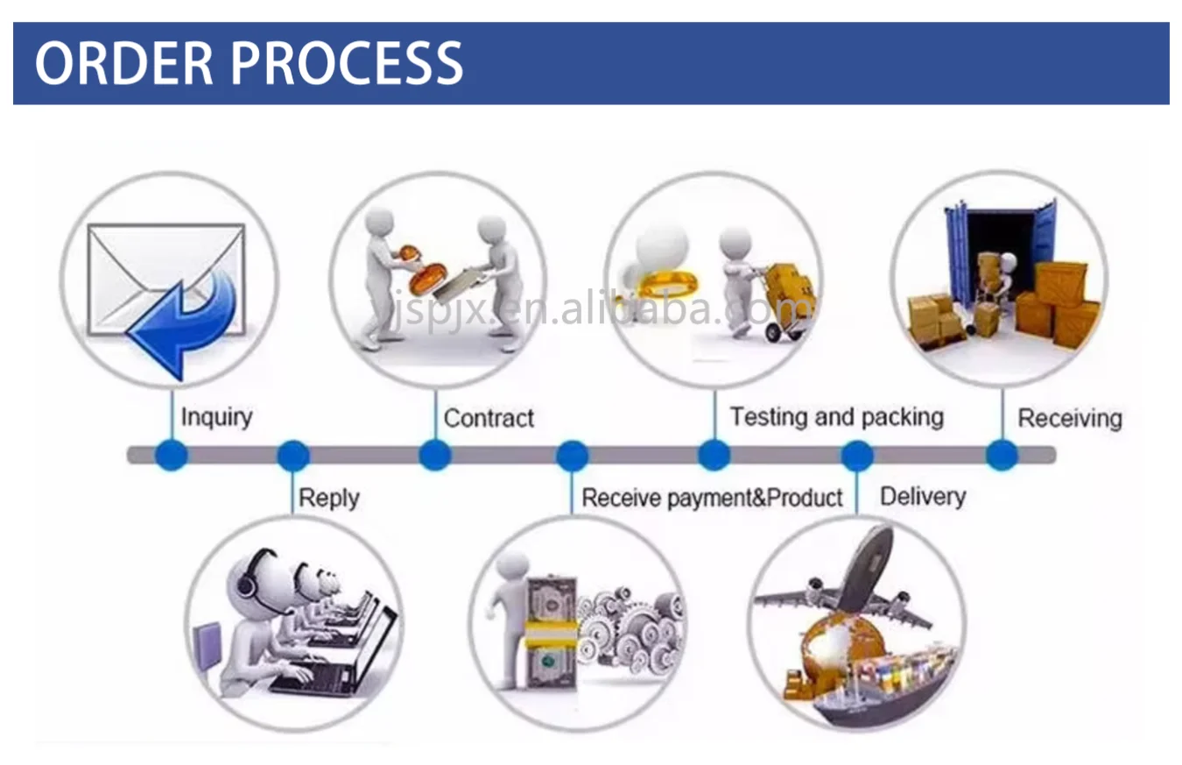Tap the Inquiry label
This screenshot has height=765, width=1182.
point(215,417)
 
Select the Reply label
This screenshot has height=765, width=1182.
point(328,498)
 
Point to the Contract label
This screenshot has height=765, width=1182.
point(489,418)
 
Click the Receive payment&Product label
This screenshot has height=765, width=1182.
point(712,498)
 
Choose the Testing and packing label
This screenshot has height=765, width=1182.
point(836,416)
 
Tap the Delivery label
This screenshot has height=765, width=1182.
point(922,497)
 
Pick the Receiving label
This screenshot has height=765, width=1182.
point(1069,418)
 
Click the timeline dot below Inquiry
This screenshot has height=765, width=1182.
point(171,455)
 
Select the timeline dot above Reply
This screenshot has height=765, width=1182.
point(292,456)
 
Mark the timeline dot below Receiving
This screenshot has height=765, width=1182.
point(1002,455)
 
